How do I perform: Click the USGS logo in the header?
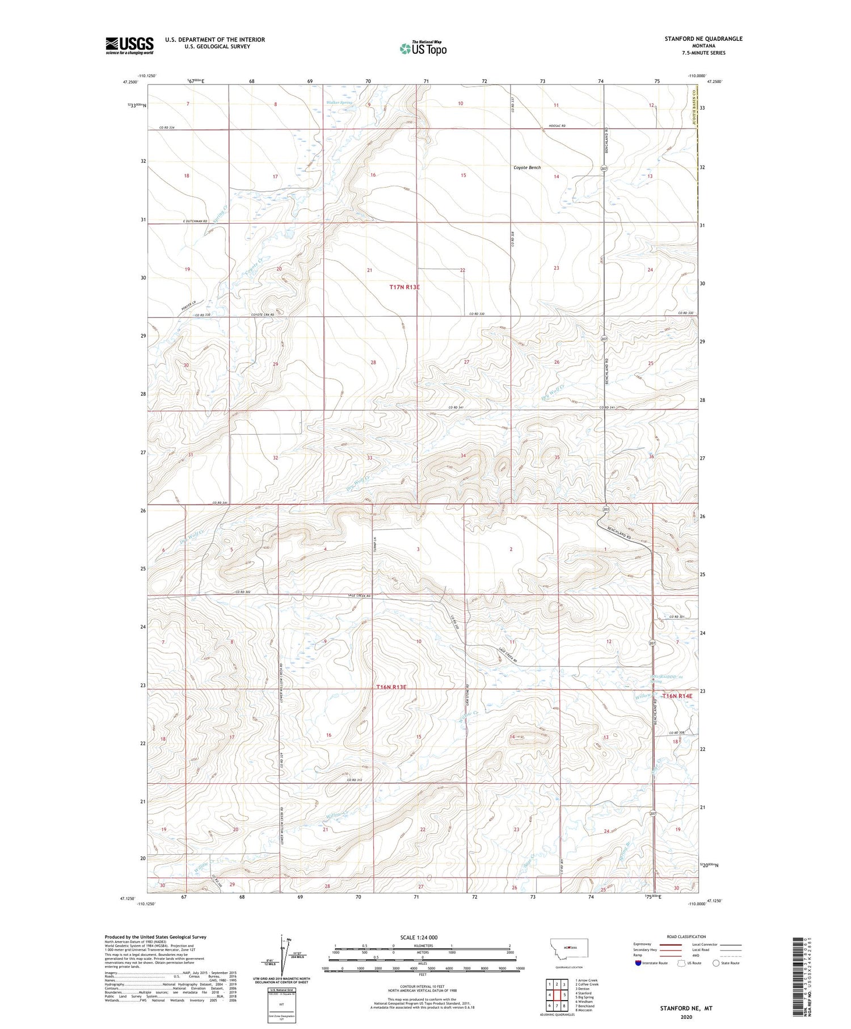(129, 45)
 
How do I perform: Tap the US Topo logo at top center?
(423, 49)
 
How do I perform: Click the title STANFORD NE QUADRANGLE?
(703, 39)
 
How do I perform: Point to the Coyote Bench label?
(527, 167)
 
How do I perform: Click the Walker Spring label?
(339, 103)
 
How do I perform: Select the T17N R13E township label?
(405, 287)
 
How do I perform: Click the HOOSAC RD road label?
(557, 125)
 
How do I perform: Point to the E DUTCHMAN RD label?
(195, 221)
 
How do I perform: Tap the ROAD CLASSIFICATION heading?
(686, 936)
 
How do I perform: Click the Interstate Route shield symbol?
(638, 963)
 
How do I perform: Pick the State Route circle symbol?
(716, 963)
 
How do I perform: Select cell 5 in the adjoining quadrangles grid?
(565, 995)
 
